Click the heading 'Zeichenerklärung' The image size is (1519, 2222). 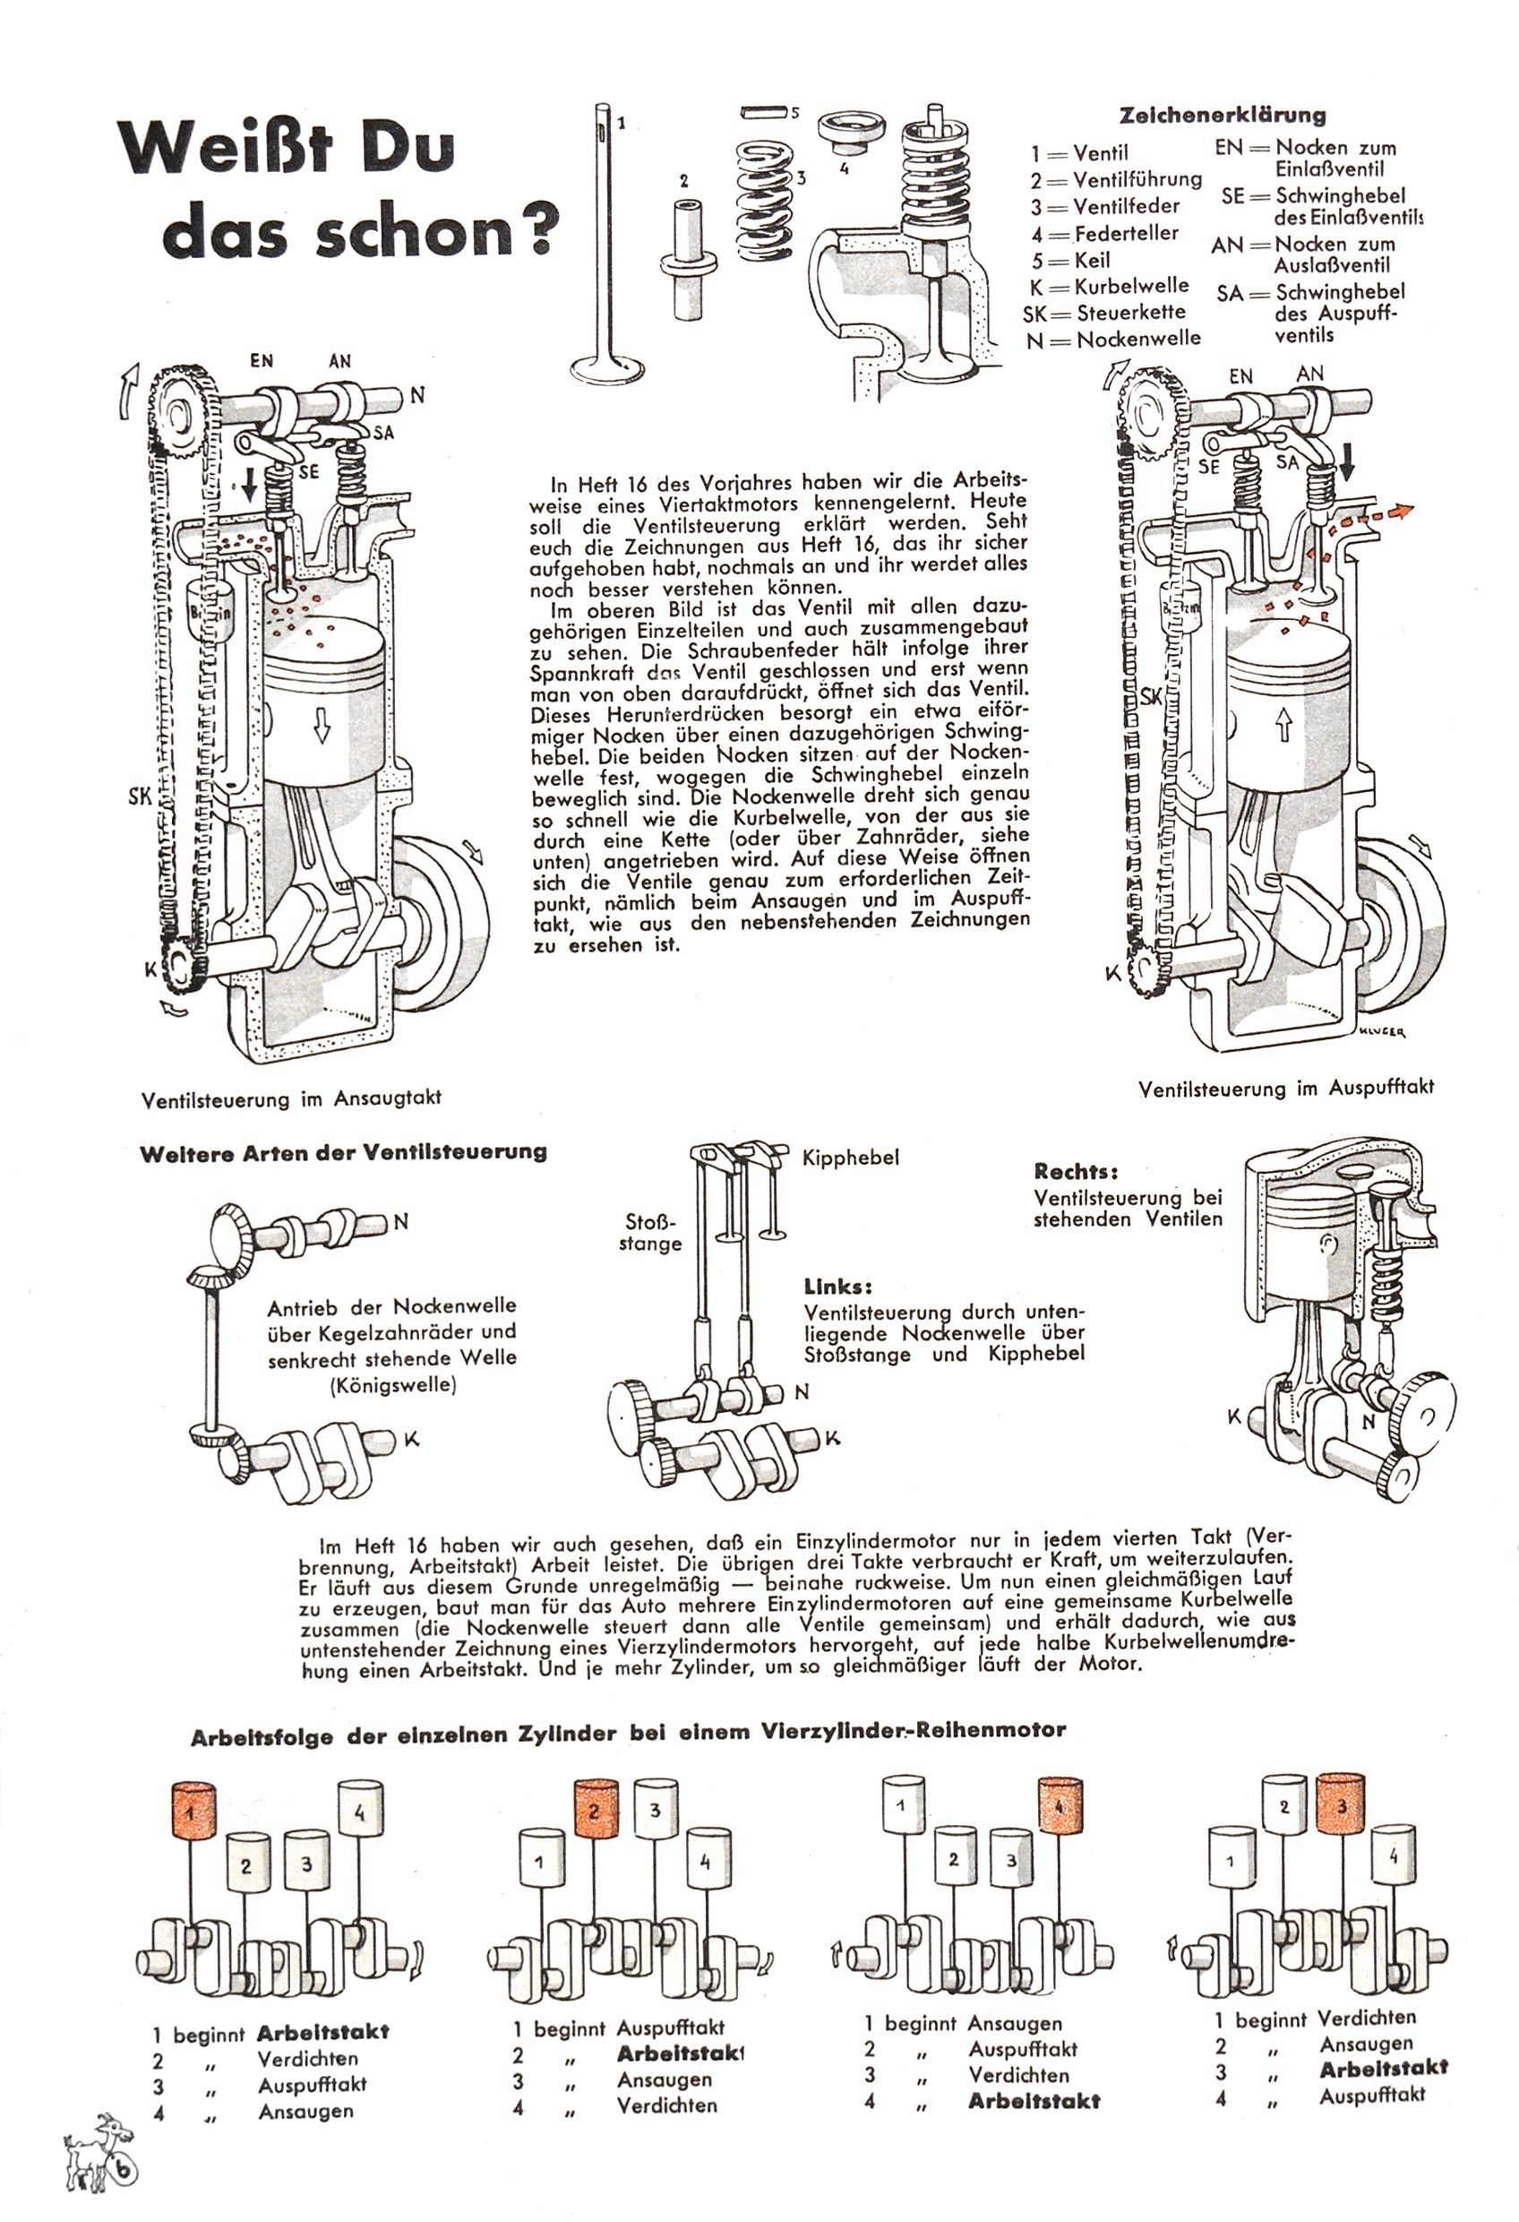pyautogui.click(x=1223, y=116)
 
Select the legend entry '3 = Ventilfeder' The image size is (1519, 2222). pyautogui.click(x=1105, y=206)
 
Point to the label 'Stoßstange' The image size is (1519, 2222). pyautogui.click(x=650, y=1233)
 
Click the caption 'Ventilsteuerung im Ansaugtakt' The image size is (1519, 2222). pyautogui.click(x=292, y=1098)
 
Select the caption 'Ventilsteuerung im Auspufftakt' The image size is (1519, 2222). pyautogui.click(x=1287, y=1087)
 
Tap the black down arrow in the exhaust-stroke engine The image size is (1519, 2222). pyautogui.click(x=1347, y=461)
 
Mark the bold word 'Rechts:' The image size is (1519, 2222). pyautogui.click(x=1076, y=1171)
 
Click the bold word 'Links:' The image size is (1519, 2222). pyautogui.click(x=838, y=1287)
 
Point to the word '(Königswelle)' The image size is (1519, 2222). pyautogui.click(x=392, y=1384)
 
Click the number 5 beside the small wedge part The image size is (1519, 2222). pyautogui.click(x=794, y=112)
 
